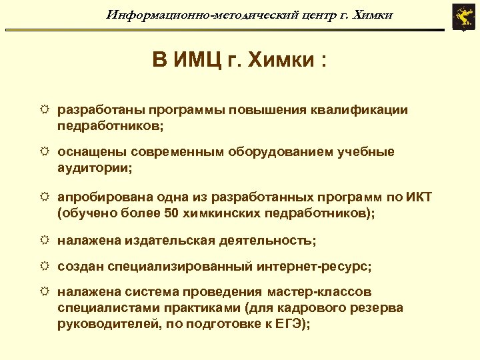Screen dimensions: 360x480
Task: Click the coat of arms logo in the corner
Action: [461, 17]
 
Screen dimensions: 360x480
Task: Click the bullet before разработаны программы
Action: [45, 109]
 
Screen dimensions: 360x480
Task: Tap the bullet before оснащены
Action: [45, 152]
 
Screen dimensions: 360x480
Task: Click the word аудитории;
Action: [95, 168]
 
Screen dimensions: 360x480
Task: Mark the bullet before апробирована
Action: [45, 197]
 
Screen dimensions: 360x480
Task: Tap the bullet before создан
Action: [45, 266]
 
